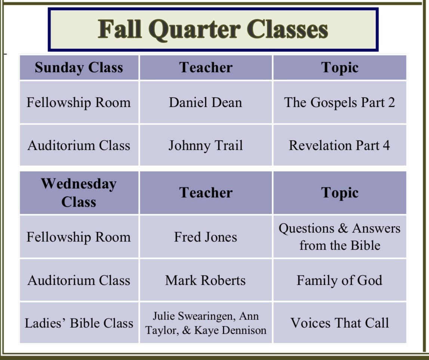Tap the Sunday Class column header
pyautogui.click(x=79, y=67)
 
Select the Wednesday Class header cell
pyautogui.click(x=79, y=193)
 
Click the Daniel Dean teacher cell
pyautogui.click(x=206, y=102)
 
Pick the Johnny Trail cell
pyautogui.click(x=206, y=145)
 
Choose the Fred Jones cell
pyautogui.click(x=206, y=237)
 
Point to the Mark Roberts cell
pyautogui.click(x=206, y=280)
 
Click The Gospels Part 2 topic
pyautogui.click(x=340, y=102)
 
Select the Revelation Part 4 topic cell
pyautogui.click(x=340, y=145)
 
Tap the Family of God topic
pyautogui.click(x=340, y=280)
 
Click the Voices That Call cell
pyautogui.click(x=340, y=323)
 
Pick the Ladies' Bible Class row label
pyautogui.click(x=79, y=323)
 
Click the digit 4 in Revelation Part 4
pyautogui.click(x=386, y=145)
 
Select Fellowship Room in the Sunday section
pyautogui.click(x=78, y=103)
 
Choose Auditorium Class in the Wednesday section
pyautogui.click(x=79, y=280)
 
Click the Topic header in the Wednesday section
pyautogui.click(x=340, y=193)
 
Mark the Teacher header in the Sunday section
pyautogui.click(x=206, y=67)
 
